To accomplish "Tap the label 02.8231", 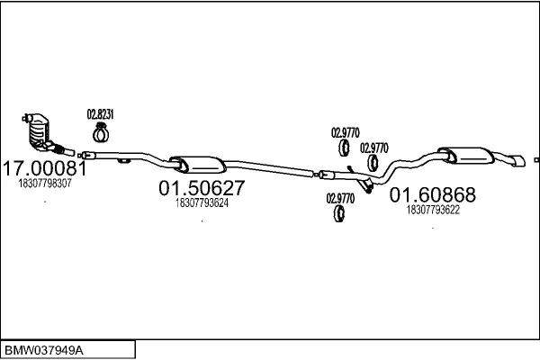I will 99,114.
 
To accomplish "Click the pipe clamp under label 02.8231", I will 99,135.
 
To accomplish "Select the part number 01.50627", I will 202,189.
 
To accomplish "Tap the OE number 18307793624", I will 202,203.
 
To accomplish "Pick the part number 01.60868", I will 433,195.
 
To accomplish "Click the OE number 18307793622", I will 433,210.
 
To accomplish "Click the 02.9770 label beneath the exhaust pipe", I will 340,198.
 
